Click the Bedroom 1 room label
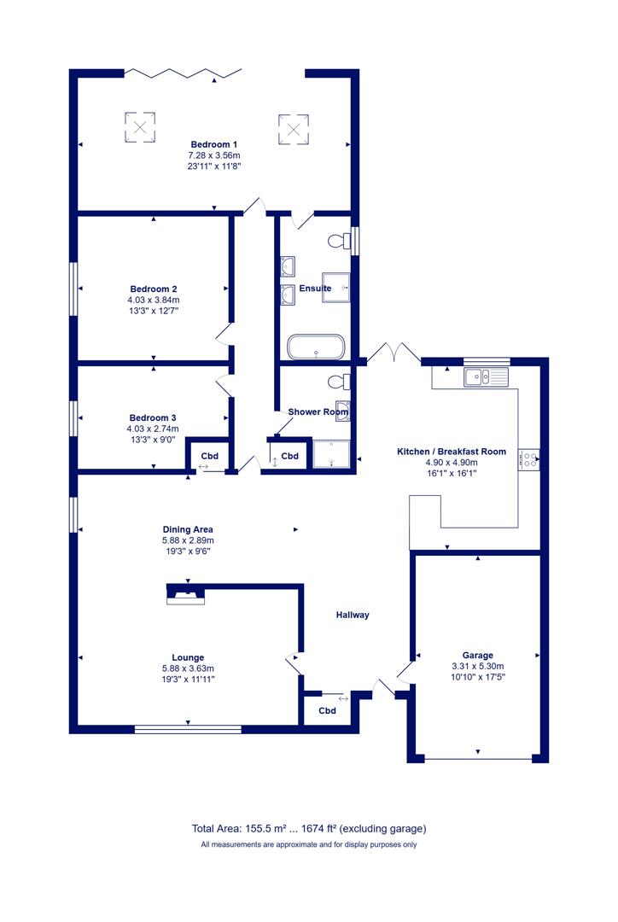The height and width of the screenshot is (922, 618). (214, 144)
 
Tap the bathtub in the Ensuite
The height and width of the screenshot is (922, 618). (316, 347)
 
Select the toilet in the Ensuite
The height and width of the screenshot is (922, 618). (339, 241)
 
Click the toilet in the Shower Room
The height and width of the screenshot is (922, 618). (339, 382)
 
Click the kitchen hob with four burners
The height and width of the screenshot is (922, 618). (528, 459)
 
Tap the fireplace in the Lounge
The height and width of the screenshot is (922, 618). (186, 596)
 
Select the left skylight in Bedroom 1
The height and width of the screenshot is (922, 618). (140, 127)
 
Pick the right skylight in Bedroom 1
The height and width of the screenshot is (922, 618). (294, 129)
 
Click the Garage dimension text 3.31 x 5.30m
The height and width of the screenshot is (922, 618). (477, 666)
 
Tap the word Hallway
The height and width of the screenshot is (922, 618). (353, 615)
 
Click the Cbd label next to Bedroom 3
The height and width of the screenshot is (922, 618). (210, 456)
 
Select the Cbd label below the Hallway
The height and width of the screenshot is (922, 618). (328, 711)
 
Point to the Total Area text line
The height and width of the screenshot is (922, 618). (309, 828)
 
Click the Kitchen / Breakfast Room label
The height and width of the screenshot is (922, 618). (452, 452)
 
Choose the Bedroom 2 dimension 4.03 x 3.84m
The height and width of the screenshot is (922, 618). (154, 300)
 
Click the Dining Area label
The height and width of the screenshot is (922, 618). (188, 529)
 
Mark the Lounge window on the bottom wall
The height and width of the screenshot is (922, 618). (188, 730)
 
